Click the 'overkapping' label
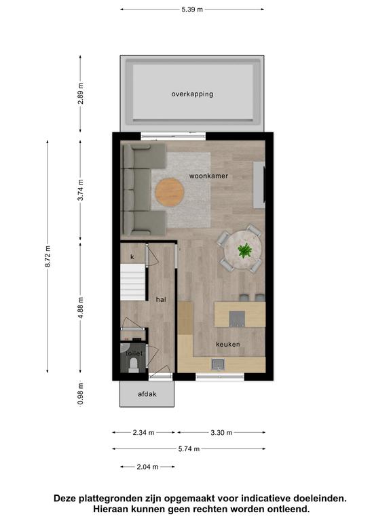coord(192,94)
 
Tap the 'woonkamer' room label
coord(208,176)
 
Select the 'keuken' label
coord(228,344)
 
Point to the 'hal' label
coord(161,300)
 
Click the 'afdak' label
coord(147,394)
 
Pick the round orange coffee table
coord(170,193)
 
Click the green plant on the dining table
coord(244,250)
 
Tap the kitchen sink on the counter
coord(218,364)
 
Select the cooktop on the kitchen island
coord(237,319)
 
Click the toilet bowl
coord(134,365)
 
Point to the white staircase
coord(133,282)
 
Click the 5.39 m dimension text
coord(192,9)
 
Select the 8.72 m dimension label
coord(48,256)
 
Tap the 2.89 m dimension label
coord(81,94)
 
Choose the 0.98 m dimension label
coord(81,394)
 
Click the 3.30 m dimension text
coord(221,433)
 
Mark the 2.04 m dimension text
coord(147,467)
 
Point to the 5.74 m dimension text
coord(189,449)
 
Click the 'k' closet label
coord(132,257)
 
